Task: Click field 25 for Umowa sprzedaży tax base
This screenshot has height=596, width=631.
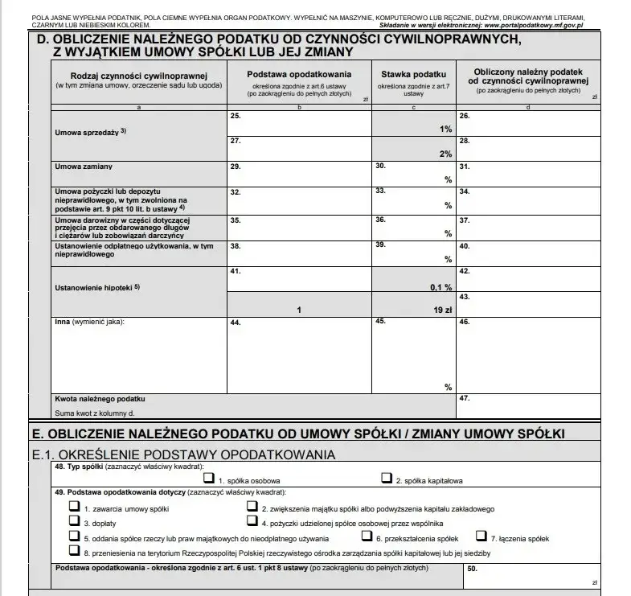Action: point(298,123)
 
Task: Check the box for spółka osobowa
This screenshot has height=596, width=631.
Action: point(210,479)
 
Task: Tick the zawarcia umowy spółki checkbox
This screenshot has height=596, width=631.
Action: point(75,508)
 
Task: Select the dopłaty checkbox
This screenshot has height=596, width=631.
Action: point(75,522)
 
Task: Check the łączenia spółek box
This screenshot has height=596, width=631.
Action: point(482,536)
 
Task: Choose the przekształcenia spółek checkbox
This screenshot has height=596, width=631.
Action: point(367,536)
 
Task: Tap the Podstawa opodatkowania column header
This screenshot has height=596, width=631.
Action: point(298,74)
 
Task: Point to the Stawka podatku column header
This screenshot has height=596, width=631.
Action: point(413,74)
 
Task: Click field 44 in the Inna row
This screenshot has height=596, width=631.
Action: point(298,354)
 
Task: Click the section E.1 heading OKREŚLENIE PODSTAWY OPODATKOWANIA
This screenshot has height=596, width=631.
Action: point(193,454)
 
